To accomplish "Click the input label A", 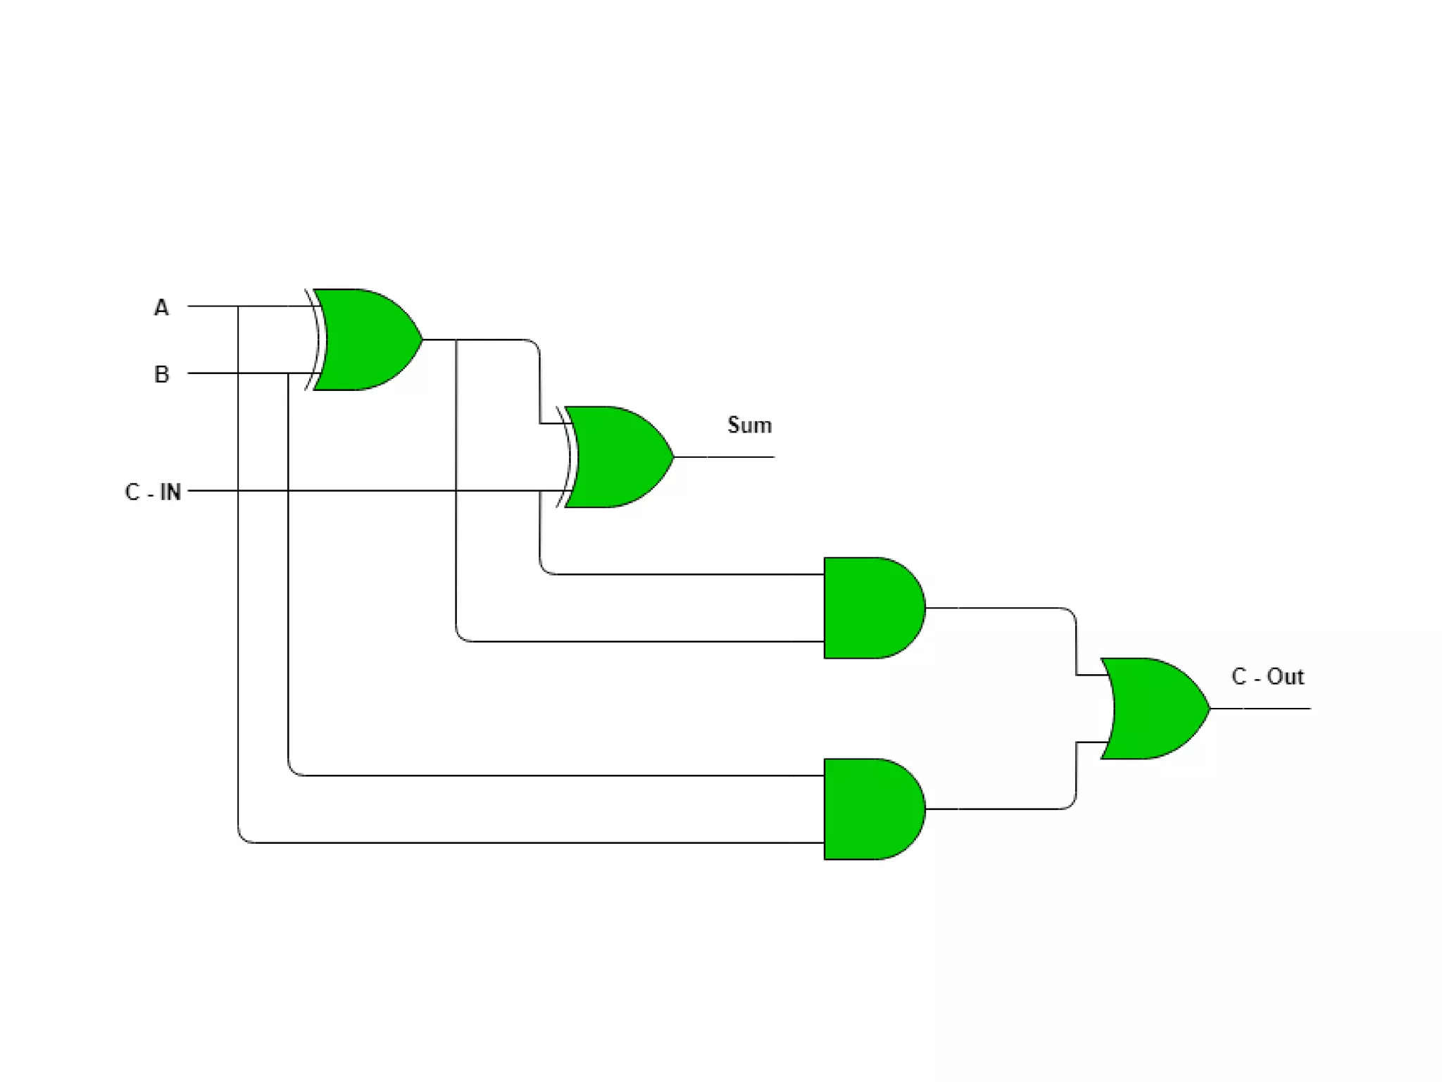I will pos(161,308).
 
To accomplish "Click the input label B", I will pos(161,374).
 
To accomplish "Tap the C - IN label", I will pos(153,492).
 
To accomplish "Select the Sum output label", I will pos(749,425).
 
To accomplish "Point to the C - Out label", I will pos(1267,677).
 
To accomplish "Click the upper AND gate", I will pos(870,608).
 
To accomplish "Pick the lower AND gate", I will pos(870,809).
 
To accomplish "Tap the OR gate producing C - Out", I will pos(1152,709).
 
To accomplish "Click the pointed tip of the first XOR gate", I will pos(420,340).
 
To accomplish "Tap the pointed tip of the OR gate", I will pos(1208,709).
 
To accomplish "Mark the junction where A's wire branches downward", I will pos(239,306).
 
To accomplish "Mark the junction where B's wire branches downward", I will pos(289,373).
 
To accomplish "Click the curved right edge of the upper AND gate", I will pos(923,608).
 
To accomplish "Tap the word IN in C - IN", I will pos(170,492).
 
